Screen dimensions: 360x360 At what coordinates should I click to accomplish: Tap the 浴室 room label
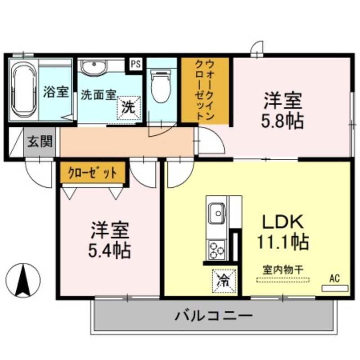coord(56,92)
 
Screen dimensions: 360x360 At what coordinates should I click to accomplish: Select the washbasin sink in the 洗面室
coord(94,67)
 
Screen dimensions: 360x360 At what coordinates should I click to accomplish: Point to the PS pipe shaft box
coord(135,64)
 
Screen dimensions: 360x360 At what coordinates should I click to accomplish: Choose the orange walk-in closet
coord(205,90)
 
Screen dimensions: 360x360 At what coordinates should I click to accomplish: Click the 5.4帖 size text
coord(110,250)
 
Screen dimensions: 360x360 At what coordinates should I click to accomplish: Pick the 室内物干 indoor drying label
coord(283,270)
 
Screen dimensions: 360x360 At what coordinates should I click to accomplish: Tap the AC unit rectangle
coord(334,287)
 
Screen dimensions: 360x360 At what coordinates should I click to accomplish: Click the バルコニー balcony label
coord(213,316)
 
